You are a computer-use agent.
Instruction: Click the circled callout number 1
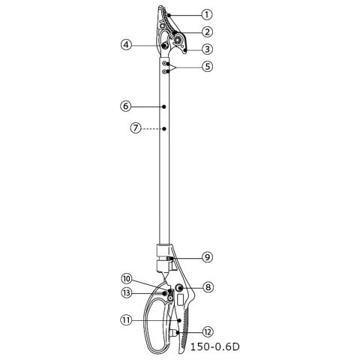(207, 15)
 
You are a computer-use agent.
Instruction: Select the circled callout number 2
(207, 31)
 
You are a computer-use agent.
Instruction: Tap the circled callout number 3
(207, 49)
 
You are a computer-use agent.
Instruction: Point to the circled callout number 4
(127, 45)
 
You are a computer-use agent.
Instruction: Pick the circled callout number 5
(207, 67)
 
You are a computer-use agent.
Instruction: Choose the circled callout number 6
(126, 106)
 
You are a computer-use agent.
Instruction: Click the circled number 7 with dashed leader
(136, 128)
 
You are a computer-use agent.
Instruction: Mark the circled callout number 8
(208, 287)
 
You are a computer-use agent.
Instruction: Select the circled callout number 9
(207, 257)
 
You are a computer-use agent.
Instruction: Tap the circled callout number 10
(127, 279)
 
